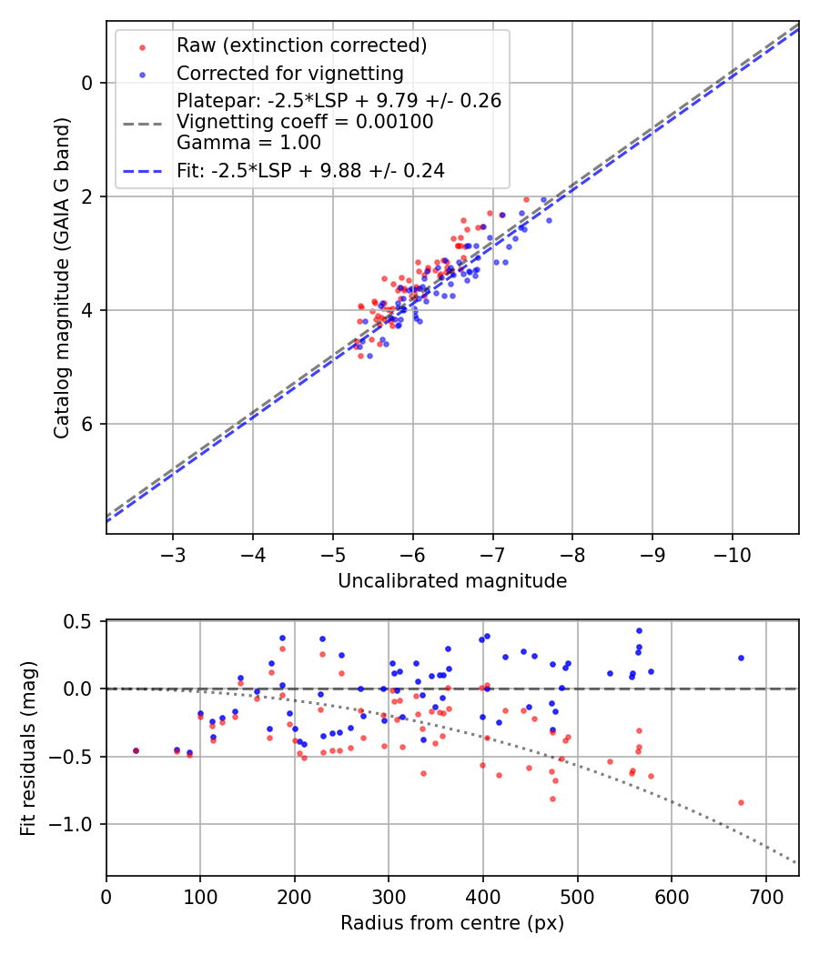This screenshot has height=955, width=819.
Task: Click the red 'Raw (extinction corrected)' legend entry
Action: pos(301,45)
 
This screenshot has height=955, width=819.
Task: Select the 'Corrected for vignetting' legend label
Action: pos(289,74)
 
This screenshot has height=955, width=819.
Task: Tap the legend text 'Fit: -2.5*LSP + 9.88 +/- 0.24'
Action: pos(310,170)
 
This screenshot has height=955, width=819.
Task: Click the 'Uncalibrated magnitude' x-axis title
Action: pos(452,581)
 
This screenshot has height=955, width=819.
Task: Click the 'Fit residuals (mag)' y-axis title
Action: pos(28,749)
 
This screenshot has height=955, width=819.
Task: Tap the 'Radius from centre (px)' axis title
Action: pos(452,923)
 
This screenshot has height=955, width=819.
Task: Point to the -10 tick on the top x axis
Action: pos(733,555)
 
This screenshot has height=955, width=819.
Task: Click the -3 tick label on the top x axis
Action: pos(173,555)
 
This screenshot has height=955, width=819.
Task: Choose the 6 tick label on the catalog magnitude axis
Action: pos(87,424)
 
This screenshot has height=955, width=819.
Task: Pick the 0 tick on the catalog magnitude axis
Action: pos(87,83)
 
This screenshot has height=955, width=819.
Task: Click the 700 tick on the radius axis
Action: pos(765,897)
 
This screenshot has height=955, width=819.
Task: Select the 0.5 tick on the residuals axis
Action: pos(81,621)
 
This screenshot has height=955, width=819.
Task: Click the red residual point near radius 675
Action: pos(741,802)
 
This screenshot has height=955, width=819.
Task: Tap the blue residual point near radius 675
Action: pos(741,658)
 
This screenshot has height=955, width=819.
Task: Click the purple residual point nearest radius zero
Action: pos(136,750)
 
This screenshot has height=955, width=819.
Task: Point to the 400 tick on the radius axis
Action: pos(483,897)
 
